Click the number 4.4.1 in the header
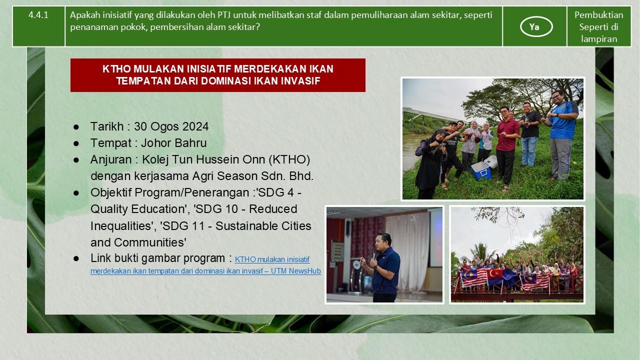38,15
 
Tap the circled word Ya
534,27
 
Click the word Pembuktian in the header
599,15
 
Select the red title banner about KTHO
217,75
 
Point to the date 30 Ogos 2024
171,126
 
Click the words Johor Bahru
173,143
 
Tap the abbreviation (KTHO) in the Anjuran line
289,159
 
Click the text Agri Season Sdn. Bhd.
253,176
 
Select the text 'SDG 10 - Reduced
245,209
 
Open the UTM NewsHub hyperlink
205,265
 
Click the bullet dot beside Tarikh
76,127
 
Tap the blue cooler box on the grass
481,170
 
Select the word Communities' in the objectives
150,242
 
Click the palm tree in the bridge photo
480,252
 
